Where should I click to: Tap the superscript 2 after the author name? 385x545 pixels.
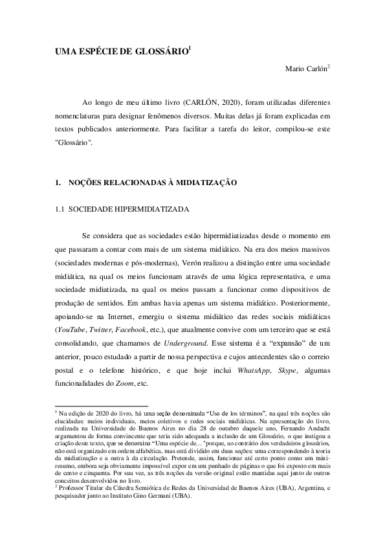(329, 66)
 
